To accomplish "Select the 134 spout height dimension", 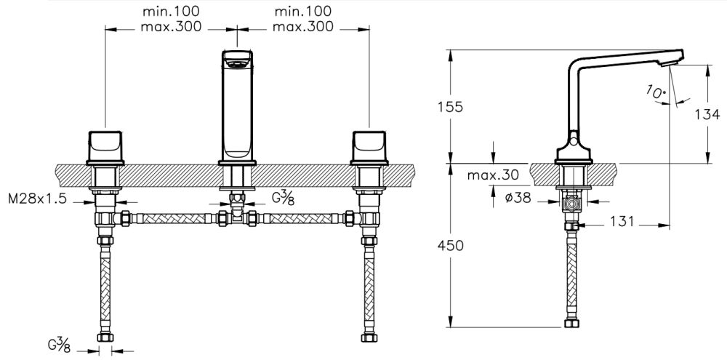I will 707,114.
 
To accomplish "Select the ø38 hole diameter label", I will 516,196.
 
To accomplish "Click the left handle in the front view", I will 105,145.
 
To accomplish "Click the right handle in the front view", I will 369,145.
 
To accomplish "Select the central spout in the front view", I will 238,105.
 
